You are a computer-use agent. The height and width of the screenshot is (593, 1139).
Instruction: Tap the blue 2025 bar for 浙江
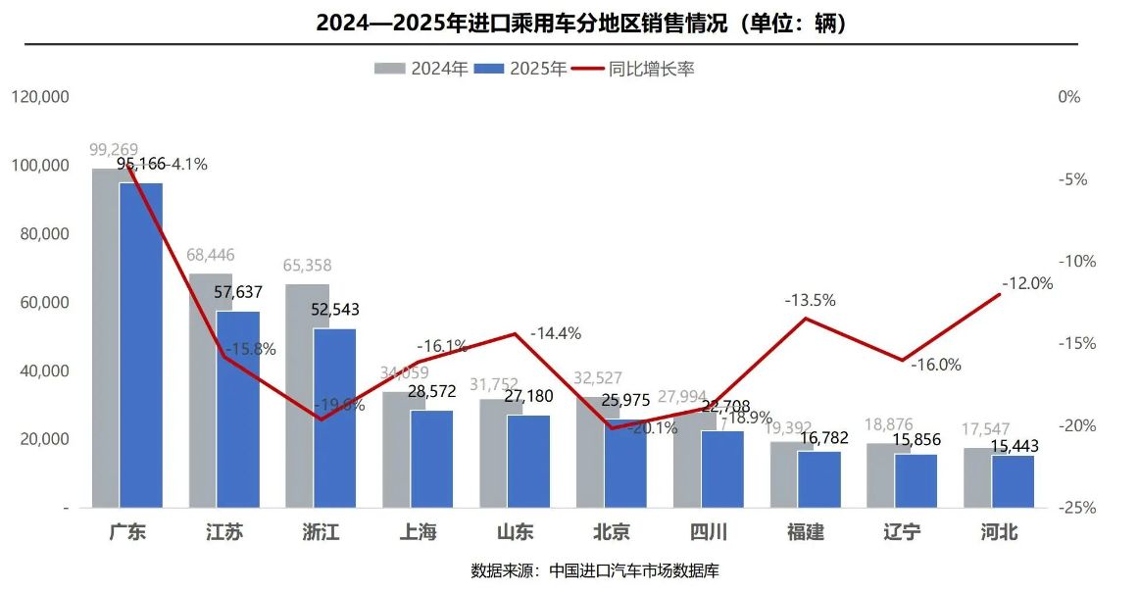tap(335, 421)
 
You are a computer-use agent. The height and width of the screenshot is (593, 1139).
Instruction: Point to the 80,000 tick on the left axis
tap(40, 234)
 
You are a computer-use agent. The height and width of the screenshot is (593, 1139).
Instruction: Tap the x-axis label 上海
tap(419, 533)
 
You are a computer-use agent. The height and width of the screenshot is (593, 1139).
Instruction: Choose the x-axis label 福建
tap(806, 533)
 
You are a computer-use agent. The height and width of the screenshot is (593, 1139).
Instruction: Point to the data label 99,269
tap(114, 150)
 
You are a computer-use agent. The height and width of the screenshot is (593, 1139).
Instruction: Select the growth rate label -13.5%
tap(810, 301)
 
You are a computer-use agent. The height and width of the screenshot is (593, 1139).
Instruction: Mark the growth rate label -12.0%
tap(1026, 283)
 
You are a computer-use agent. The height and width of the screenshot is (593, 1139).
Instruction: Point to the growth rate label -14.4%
tap(556, 333)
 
